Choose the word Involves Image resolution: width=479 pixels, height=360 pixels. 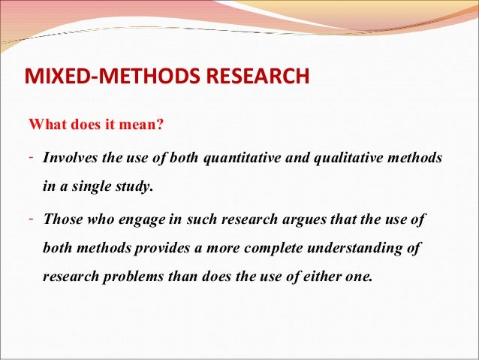click(71, 159)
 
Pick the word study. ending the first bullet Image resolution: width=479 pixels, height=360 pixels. click(133, 188)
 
